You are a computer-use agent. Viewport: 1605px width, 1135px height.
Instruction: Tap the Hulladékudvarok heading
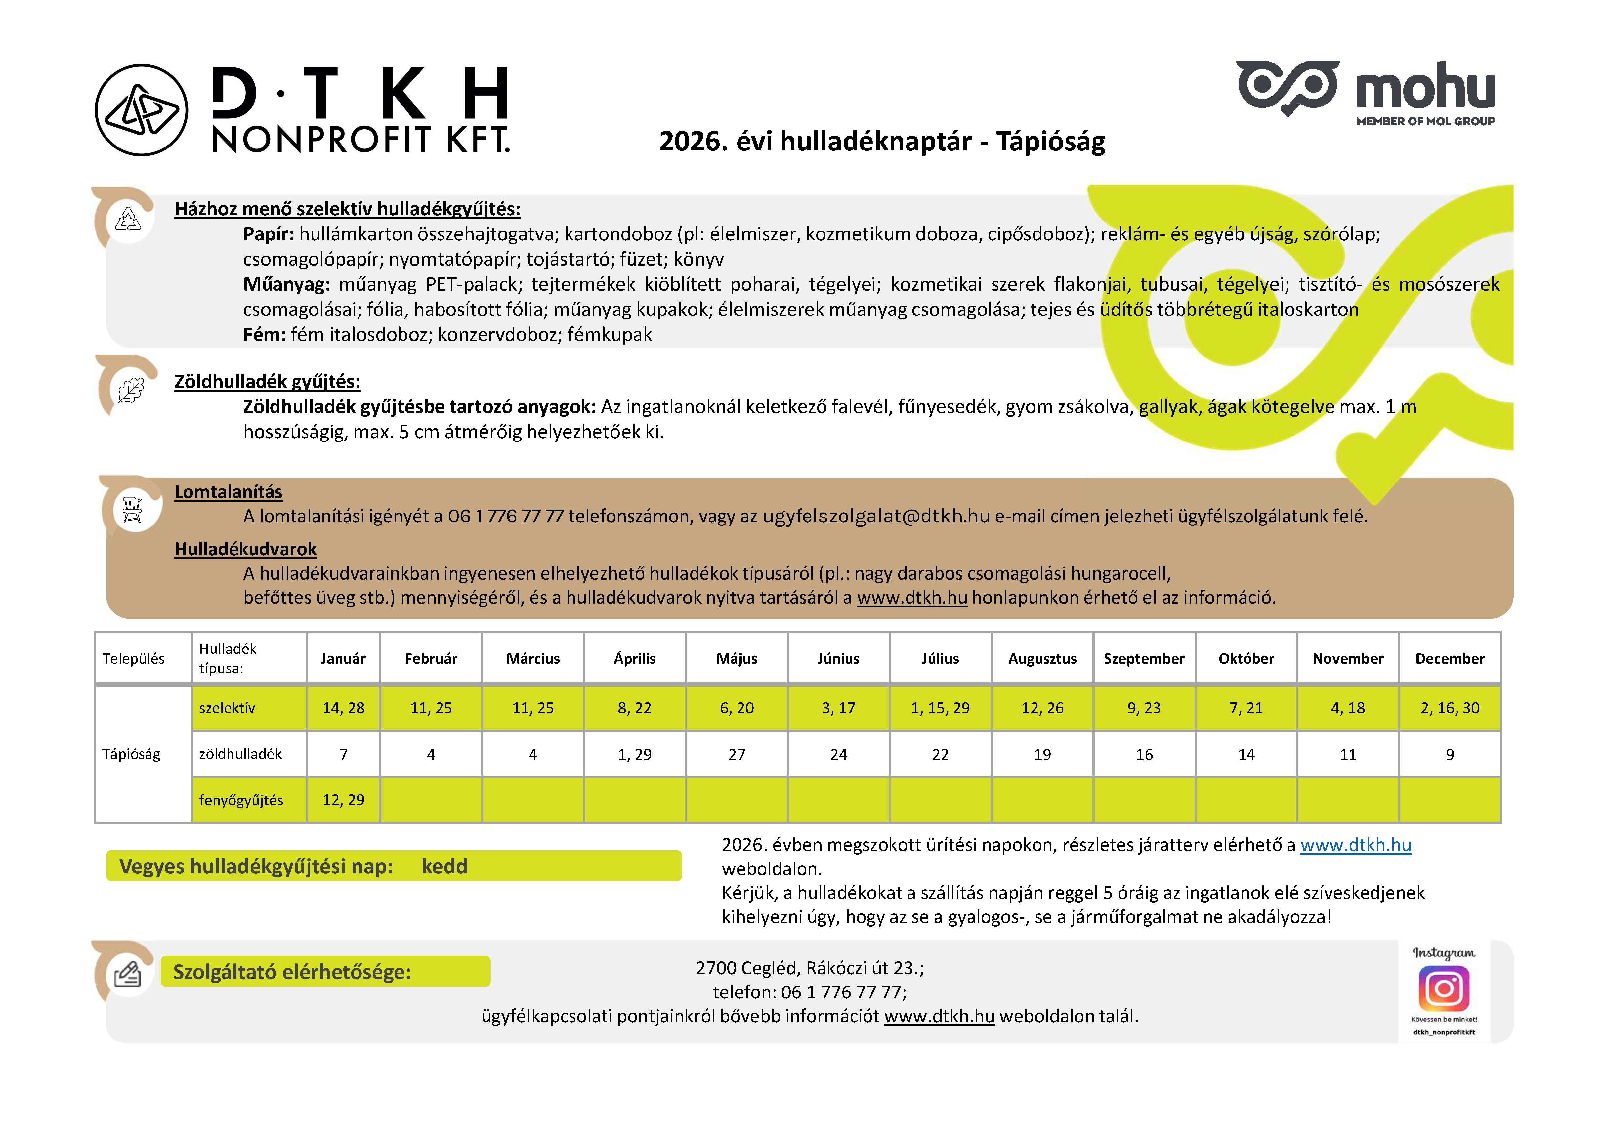point(245,549)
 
